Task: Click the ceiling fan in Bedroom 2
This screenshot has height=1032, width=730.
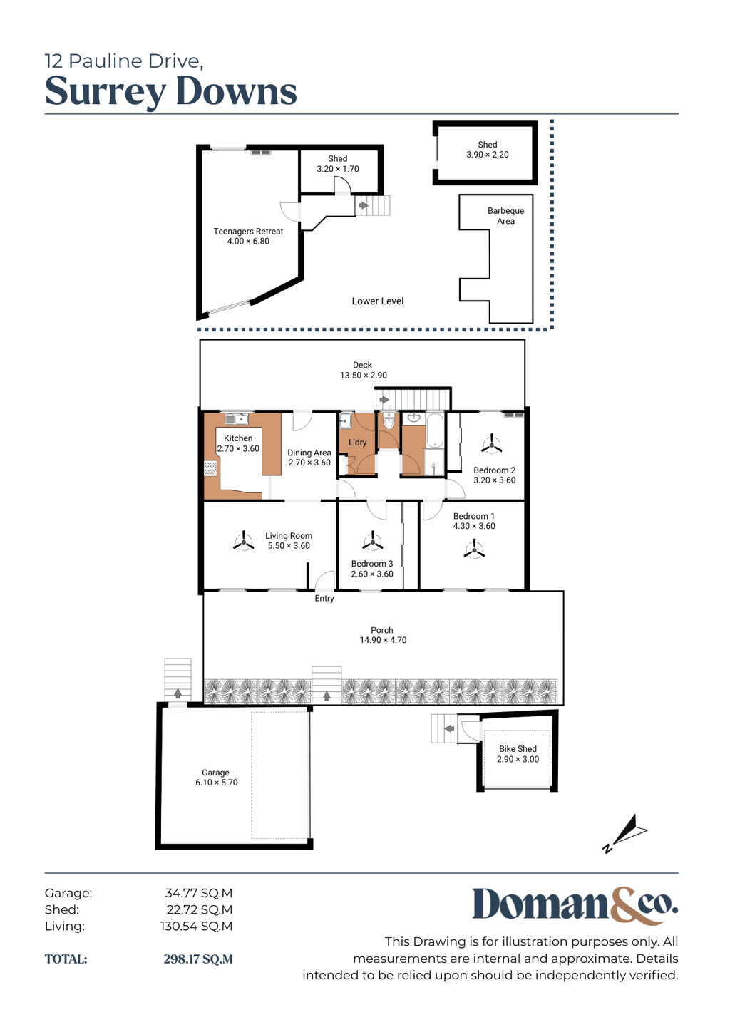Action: (x=492, y=444)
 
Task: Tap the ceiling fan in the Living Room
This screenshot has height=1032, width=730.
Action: (x=243, y=542)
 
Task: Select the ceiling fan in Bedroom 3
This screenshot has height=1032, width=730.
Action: (x=372, y=541)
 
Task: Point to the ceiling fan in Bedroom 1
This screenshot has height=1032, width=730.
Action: (x=474, y=550)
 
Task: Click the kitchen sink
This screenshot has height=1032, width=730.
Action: (x=237, y=419)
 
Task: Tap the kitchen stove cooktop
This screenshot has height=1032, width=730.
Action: (x=210, y=468)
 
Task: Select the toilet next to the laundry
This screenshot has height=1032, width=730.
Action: (x=389, y=420)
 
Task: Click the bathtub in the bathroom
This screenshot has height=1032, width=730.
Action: (x=435, y=430)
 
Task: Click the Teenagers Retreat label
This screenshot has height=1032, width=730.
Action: (x=248, y=232)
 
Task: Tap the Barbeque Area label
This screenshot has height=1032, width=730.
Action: (x=505, y=216)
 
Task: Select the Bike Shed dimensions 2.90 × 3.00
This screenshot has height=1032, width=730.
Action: (x=518, y=759)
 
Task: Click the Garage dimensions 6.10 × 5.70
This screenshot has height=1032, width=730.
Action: (x=216, y=783)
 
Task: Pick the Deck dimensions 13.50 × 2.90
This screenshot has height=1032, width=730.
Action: (x=363, y=375)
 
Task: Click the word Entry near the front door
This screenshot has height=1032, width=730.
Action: (x=324, y=598)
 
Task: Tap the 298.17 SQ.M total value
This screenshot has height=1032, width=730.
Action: (x=197, y=959)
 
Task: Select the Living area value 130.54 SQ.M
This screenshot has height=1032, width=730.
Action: (x=196, y=926)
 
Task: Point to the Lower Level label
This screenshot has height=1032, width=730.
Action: (x=377, y=301)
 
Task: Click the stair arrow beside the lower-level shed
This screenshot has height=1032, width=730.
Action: (x=364, y=205)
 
